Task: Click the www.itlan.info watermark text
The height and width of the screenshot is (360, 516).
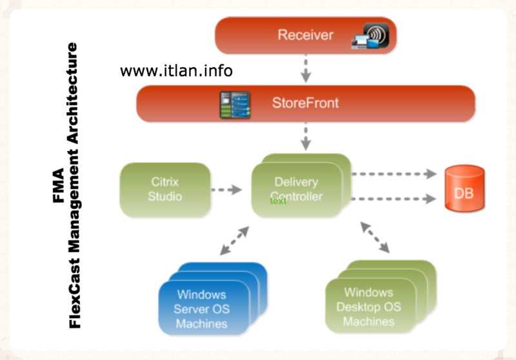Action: coord(176,70)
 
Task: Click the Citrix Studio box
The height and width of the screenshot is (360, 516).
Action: coord(166,189)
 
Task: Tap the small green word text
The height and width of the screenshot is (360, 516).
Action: coord(278,201)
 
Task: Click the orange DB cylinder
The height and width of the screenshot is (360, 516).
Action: coord(464,190)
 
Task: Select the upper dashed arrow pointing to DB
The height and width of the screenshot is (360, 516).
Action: coord(395,174)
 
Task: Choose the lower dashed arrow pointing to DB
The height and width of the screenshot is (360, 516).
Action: coord(395,199)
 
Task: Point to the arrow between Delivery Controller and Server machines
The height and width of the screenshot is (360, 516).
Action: coord(235,243)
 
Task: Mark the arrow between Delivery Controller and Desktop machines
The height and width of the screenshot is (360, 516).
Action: coord(375,237)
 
